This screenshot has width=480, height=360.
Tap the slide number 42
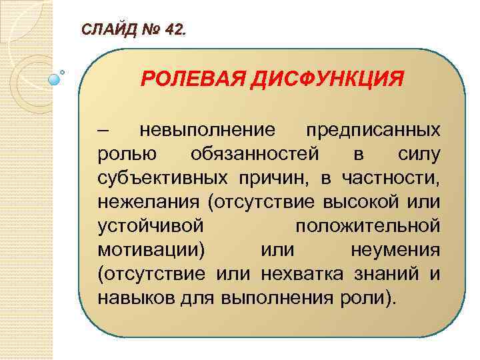(x=174, y=31)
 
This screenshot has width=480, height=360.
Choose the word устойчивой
(x=149, y=226)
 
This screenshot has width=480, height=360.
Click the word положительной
(x=367, y=226)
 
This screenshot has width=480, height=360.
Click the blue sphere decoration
(x=55, y=79)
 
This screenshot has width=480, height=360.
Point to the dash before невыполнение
(x=103, y=129)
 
